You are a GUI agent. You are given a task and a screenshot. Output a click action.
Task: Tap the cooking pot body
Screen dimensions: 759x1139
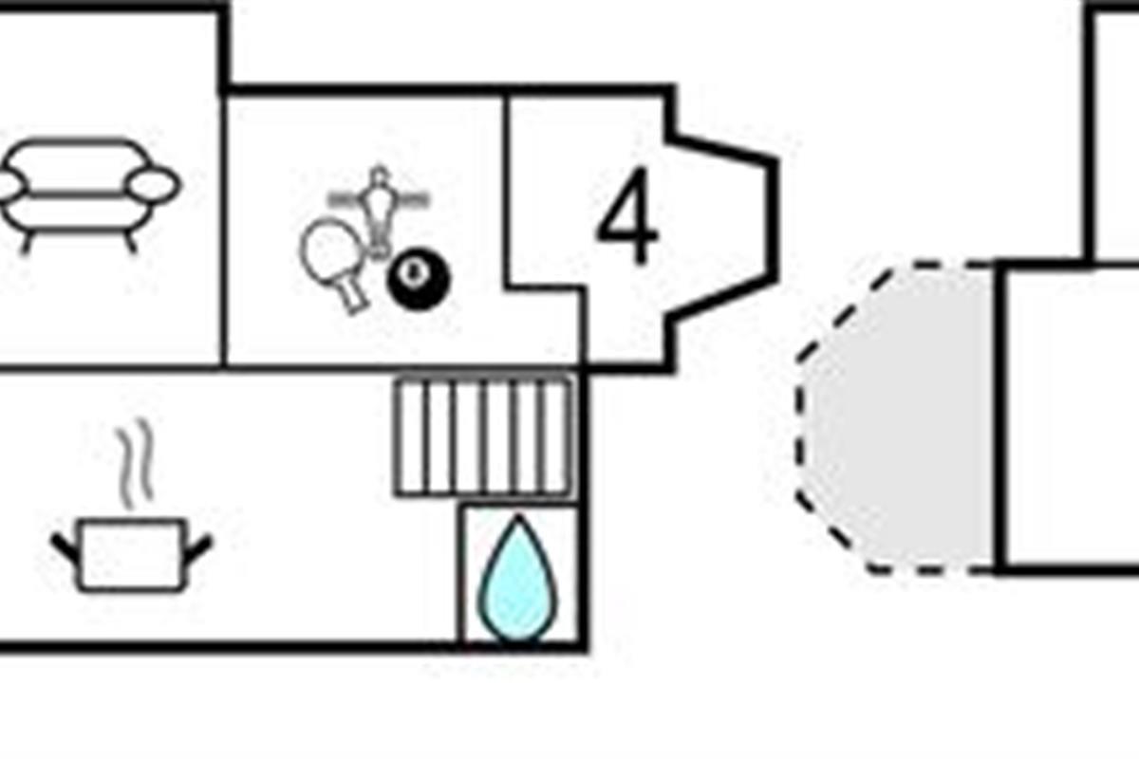pyautogui.click(x=132, y=555)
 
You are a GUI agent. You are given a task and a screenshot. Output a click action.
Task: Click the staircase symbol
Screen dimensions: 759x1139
pyautogui.click(x=483, y=436)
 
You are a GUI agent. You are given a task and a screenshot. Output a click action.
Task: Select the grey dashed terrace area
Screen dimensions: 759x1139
pyautogui.click(x=897, y=417)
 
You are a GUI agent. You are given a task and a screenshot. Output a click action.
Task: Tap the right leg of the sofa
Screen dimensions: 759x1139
pyautogui.click(x=130, y=241)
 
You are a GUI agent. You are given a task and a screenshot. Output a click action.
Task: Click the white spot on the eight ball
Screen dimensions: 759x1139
pyautogui.click(x=413, y=273)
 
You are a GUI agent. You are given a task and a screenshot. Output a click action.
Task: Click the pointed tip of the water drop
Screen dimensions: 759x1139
pyautogui.click(x=517, y=521)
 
